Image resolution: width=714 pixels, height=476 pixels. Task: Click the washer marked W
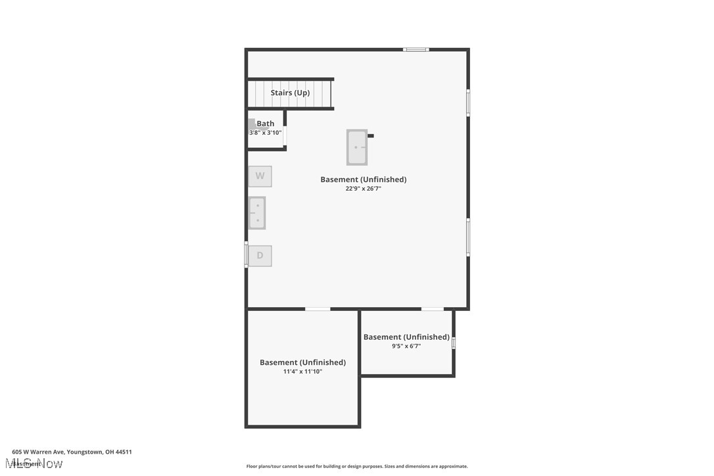[260, 176]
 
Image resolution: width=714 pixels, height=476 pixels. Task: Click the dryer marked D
[260, 256]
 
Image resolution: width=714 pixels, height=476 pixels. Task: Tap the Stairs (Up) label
[290, 93]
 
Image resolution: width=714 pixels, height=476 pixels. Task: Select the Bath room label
[266, 124]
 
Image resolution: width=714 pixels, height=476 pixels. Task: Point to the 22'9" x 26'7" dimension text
[364, 189]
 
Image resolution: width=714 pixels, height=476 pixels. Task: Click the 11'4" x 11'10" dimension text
[302, 371]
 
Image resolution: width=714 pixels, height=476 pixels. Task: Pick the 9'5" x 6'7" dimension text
[406, 346]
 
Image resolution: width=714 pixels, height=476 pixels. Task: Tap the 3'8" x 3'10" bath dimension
[265, 133]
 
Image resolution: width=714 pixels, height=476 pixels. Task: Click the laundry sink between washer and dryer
[257, 213]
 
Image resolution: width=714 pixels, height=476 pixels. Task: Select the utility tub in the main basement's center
[357, 147]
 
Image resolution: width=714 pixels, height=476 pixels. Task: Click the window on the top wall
[416, 49]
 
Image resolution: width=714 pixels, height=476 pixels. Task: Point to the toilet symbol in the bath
[252, 124]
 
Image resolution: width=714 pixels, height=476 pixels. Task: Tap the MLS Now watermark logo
[37, 464]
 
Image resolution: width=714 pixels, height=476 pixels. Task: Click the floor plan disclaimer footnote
[357, 466]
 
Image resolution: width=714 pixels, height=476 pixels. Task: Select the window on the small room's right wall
[454, 343]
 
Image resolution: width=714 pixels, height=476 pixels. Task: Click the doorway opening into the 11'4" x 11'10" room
[318, 308]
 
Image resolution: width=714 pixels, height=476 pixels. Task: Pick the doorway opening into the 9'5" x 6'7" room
[432, 308]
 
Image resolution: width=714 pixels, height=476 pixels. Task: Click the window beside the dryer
[247, 254]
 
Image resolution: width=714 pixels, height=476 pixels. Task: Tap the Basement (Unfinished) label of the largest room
[364, 179]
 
